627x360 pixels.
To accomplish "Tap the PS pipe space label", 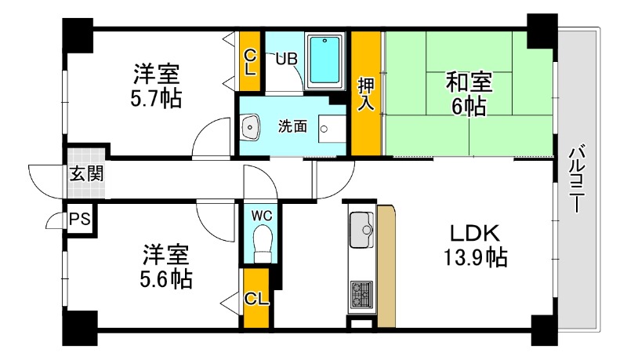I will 79,220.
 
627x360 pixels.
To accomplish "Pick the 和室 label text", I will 468,80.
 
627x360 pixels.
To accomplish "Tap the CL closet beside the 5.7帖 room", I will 250,61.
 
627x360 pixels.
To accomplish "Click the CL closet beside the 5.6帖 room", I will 255,298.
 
